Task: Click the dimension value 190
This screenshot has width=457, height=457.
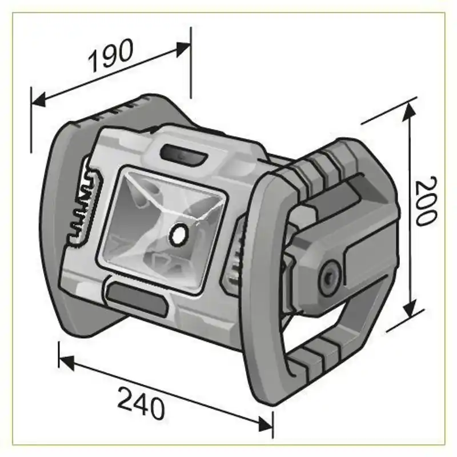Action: (111, 56)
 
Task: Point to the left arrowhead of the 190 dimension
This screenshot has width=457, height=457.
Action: (38, 101)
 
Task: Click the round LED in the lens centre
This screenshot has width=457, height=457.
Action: (178, 233)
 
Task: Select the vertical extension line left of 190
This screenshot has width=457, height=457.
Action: (31, 120)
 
